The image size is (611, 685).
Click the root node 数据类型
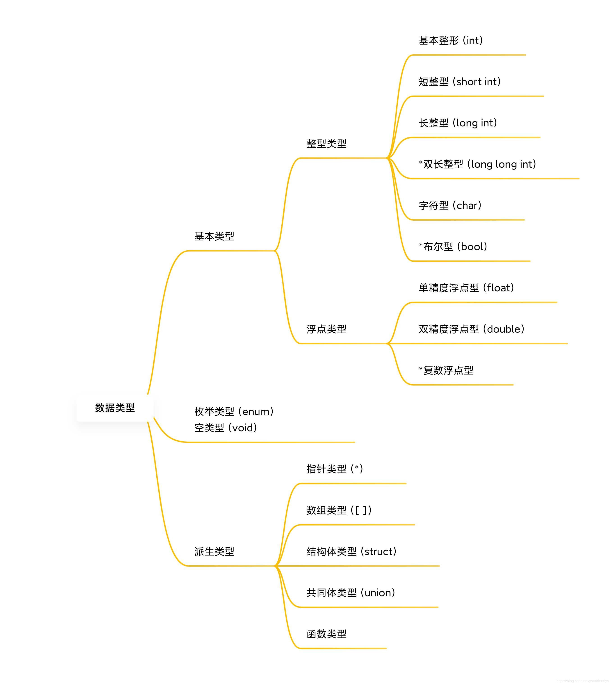115,408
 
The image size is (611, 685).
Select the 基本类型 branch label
214,236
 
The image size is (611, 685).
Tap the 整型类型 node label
326,144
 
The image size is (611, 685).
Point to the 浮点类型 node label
326,329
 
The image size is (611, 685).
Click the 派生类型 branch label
214,551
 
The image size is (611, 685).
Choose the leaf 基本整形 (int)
451,41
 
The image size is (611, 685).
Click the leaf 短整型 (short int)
460,82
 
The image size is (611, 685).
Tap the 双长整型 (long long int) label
477,164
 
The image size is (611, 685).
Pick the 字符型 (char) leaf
450,205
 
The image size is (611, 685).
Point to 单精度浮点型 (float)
466,288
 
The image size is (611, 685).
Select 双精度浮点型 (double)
471,329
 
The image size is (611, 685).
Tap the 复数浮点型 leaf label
446,370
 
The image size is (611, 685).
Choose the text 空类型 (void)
226,428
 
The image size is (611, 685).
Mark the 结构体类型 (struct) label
351,551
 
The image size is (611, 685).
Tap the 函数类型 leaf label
326,634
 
